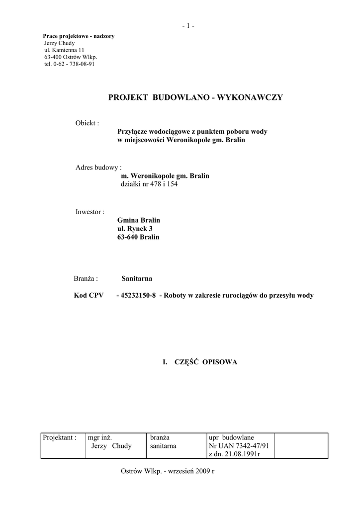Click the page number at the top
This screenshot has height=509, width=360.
click(188, 26)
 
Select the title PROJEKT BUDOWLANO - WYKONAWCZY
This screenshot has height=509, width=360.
click(195, 97)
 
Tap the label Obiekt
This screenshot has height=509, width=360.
click(87, 123)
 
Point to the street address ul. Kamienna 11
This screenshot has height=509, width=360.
click(64, 50)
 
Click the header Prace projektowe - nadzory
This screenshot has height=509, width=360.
click(79, 36)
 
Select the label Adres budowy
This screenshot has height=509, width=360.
click(98, 168)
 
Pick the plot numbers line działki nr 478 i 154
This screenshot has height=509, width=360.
click(149, 184)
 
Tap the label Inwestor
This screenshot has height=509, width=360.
click(90, 212)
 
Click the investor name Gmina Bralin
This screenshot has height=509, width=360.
click(139, 220)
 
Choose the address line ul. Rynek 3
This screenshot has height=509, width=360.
click(135, 229)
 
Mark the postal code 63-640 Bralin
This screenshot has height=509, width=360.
click(138, 237)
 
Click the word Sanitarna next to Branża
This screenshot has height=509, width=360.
click(137, 279)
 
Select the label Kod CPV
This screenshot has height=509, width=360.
click(89, 295)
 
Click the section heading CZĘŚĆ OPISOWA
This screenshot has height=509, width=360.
click(206, 362)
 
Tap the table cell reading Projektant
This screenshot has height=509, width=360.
click(60, 437)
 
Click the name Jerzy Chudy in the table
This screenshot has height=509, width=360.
click(112, 446)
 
